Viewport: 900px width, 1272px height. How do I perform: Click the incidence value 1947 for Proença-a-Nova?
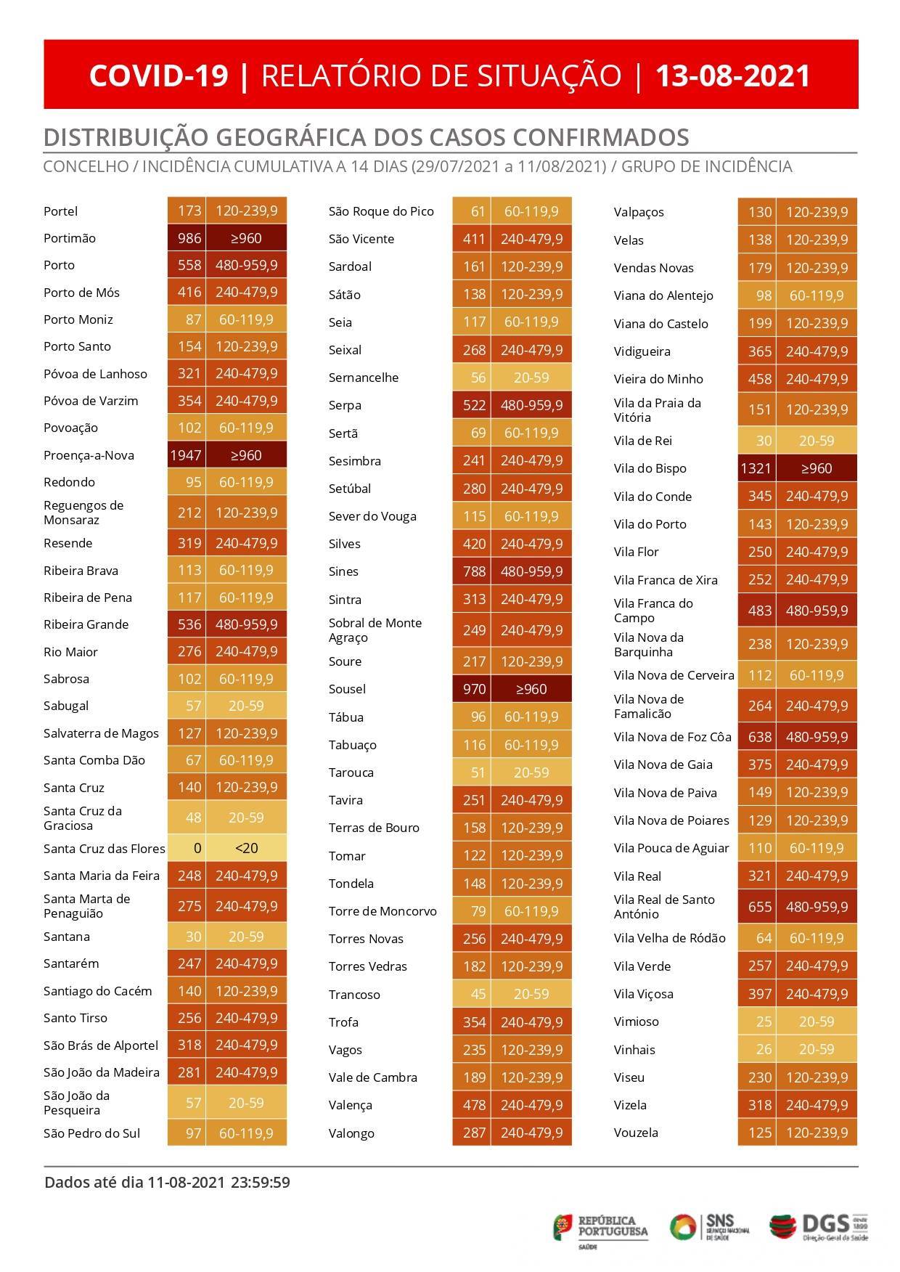[x=187, y=455]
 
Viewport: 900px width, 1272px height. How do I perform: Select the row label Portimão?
[x=70, y=238]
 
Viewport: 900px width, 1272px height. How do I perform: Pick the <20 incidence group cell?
[x=247, y=848]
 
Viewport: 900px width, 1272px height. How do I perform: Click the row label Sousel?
[x=347, y=689]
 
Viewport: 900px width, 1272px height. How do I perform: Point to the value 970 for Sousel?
[x=474, y=689]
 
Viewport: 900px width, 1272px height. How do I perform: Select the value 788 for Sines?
[x=474, y=571]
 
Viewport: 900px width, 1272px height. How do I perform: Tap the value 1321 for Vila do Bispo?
[x=756, y=468]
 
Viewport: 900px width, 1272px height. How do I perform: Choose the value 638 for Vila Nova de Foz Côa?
[x=759, y=737]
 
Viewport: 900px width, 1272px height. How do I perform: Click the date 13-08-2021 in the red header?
[x=732, y=76]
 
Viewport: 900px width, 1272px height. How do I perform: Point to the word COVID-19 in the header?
[x=159, y=76]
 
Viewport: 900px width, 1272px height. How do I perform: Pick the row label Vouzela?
[x=636, y=1133]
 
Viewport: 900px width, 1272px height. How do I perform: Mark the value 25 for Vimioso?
[x=764, y=1022]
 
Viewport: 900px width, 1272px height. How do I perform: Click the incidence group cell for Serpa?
[x=531, y=405]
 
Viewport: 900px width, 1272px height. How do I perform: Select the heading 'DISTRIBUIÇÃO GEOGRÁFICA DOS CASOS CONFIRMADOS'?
[x=367, y=137]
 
